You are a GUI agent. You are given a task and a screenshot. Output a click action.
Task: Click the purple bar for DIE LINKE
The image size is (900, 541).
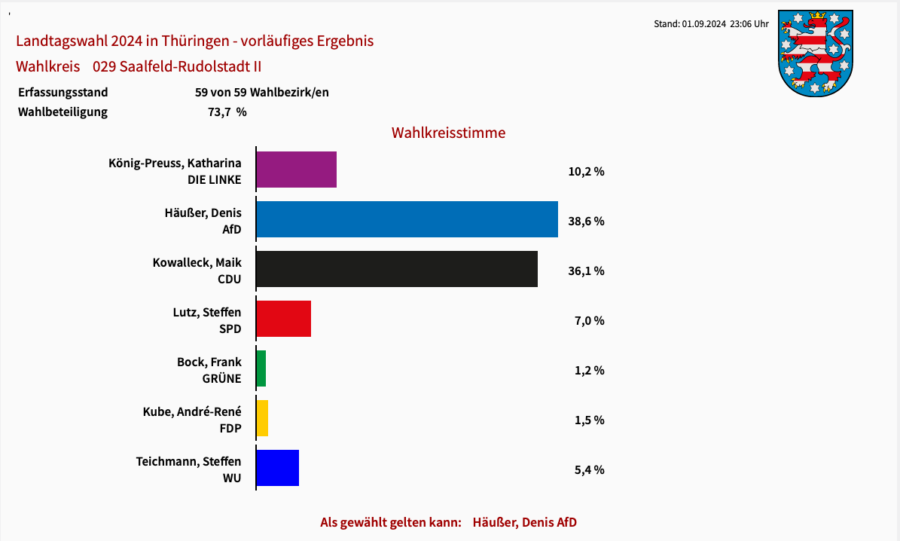point(296,170)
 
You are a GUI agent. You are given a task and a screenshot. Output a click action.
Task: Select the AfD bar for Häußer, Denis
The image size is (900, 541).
point(407,219)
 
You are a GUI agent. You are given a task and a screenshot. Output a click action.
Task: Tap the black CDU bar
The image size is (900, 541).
point(397,269)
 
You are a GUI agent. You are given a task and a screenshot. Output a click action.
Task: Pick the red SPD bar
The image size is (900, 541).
point(283,319)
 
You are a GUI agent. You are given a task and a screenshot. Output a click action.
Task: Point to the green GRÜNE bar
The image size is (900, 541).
point(261,368)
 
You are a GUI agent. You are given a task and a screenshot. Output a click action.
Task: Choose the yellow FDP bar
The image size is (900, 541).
point(262,418)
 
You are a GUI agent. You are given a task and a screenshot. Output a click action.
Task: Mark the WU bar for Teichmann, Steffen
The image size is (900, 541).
point(278,468)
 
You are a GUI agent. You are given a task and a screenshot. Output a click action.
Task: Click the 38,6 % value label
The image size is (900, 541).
point(586,222)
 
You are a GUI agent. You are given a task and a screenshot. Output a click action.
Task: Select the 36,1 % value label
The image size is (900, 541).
point(586,271)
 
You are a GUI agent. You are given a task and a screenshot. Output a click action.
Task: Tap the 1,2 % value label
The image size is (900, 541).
point(589,371)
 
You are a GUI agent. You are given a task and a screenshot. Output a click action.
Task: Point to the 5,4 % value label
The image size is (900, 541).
point(589,470)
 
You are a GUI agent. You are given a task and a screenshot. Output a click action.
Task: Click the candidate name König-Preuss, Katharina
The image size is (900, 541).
point(175,163)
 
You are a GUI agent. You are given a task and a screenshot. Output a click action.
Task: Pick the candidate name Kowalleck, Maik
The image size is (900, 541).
point(197,262)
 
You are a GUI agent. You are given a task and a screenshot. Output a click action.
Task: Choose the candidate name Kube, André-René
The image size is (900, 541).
point(192,411)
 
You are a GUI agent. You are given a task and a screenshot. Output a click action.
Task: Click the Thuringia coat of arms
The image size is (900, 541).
point(815,53)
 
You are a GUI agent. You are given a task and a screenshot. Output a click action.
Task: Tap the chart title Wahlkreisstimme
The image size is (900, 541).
point(448,133)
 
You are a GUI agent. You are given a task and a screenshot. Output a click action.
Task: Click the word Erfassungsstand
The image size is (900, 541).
point(63,93)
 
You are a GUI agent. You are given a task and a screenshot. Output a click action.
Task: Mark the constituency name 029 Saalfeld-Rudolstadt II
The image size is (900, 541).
point(177,66)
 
